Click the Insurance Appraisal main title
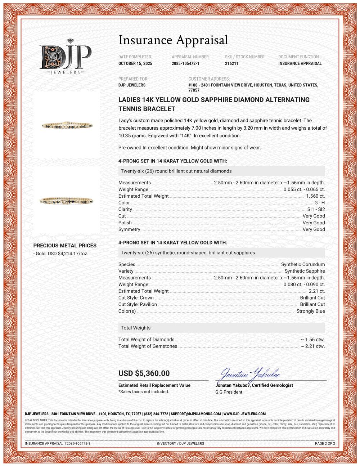click(173, 40)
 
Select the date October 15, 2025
click(135, 63)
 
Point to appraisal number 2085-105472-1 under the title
click(185, 63)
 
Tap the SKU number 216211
click(231, 63)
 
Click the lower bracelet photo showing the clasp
click(67, 200)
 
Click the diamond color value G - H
click(319, 203)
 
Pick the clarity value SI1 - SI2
click(316, 209)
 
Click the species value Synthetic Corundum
click(303, 264)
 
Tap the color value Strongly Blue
click(310, 311)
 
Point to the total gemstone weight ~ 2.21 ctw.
click(312, 346)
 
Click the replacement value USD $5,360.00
click(144, 373)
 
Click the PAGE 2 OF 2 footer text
click(325, 443)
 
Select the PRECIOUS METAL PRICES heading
click(65, 246)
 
